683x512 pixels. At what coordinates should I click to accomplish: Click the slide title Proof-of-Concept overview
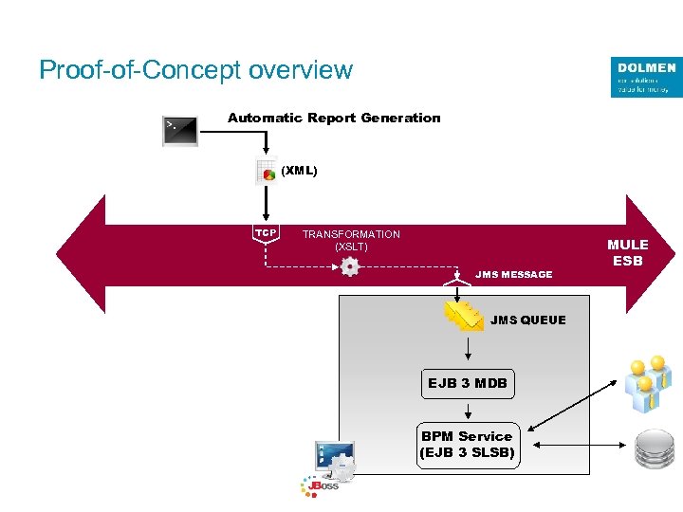coord(195,70)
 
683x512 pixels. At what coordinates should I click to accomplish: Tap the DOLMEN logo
coord(646,77)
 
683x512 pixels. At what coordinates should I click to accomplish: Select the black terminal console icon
coord(180,131)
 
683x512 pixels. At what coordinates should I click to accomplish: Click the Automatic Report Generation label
coord(334,118)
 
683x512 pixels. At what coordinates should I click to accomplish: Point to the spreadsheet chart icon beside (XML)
coord(266,172)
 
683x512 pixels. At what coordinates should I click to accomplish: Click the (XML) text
coord(299,171)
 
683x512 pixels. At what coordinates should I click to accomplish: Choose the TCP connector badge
coord(266,233)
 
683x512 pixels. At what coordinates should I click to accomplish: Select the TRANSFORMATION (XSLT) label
coord(351,240)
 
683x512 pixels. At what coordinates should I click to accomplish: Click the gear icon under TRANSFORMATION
coord(350,267)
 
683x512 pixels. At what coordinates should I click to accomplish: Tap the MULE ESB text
coord(627,252)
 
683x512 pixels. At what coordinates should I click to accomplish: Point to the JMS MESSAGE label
coord(513,274)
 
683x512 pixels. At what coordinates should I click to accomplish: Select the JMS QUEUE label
coord(527,320)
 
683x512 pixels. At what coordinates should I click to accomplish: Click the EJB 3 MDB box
coord(468,384)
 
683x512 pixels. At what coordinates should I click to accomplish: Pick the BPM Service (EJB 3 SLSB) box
coord(468,445)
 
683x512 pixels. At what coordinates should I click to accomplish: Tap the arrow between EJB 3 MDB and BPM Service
coord(468,411)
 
